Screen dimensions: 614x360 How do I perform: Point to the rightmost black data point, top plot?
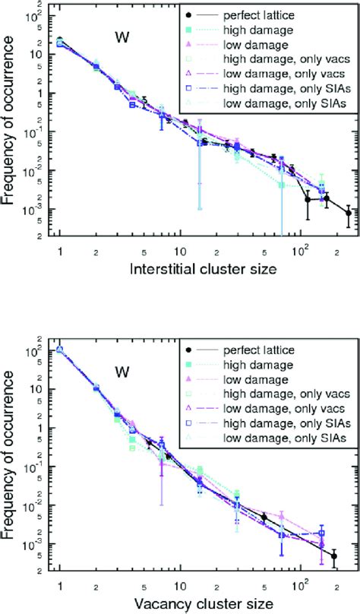[x=349, y=234]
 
